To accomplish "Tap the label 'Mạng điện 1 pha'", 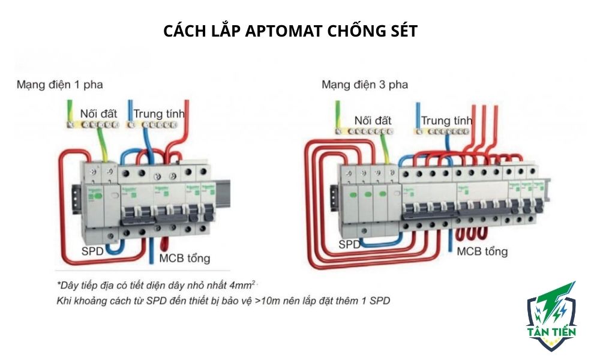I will [59, 85].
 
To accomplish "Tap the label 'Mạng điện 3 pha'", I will [365, 85].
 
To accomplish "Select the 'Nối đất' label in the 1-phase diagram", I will [99, 113].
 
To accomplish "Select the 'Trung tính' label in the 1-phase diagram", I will [159, 113].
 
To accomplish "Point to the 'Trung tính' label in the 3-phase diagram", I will [446, 121].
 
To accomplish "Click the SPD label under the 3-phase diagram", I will [350, 245].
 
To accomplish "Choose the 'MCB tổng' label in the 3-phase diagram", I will [482, 251].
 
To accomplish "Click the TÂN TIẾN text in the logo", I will [551, 331].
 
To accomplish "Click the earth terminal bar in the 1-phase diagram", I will [92, 125].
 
